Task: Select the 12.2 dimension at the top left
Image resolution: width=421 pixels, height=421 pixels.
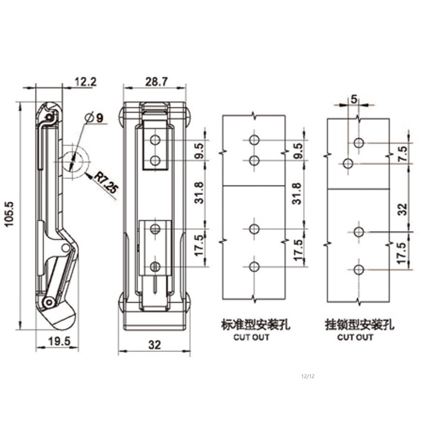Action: tap(85, 81)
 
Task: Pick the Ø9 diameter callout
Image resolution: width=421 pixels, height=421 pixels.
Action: tap(95, 118)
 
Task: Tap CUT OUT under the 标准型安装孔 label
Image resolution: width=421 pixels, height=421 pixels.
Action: tap(251, 337)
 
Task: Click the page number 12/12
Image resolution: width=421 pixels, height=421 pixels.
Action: tap(308, 375)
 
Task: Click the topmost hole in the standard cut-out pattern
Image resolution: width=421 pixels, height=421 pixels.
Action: tap(254, 139)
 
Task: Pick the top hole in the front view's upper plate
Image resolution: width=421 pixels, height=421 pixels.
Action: tap(155, 139)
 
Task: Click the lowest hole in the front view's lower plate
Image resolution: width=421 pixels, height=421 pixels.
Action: tap(155, 266)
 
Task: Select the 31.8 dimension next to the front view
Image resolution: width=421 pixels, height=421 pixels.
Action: tap(200, 193)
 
